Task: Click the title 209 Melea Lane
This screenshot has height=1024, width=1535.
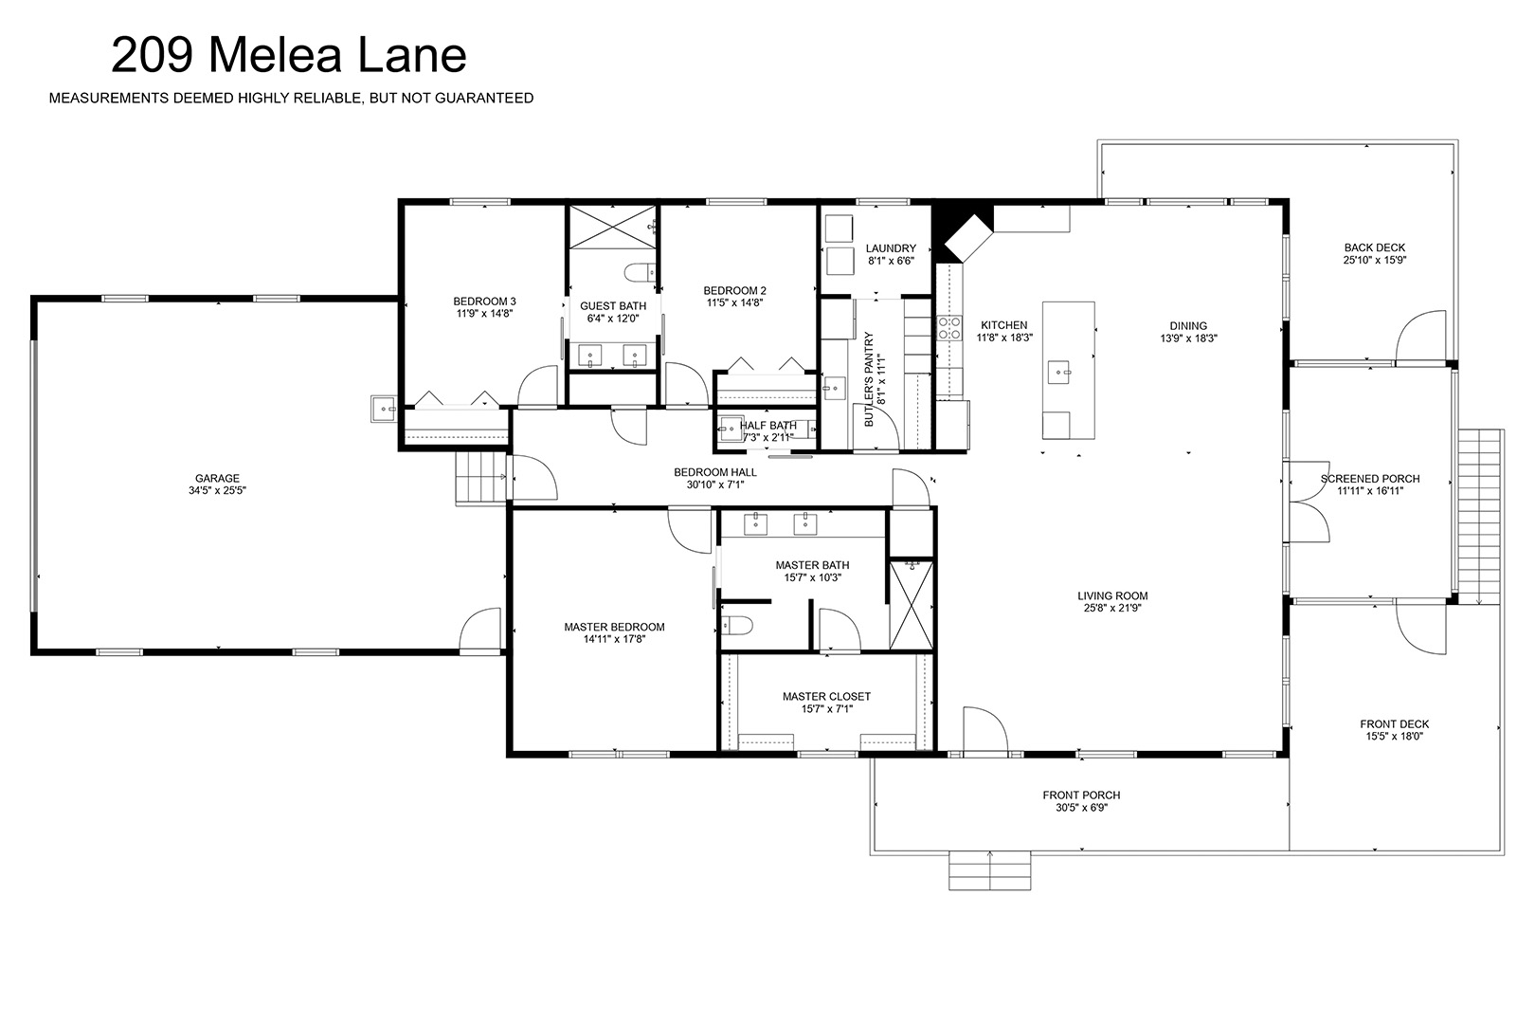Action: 288,55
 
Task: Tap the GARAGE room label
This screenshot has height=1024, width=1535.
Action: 217,478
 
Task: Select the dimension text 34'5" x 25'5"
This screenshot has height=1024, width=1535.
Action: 217,490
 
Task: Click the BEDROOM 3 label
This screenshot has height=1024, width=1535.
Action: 484,302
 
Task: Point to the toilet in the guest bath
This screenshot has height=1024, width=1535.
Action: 640,273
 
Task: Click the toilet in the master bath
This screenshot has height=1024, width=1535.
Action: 736,626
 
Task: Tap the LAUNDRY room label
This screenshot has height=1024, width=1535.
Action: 891,248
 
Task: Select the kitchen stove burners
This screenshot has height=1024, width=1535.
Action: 949,328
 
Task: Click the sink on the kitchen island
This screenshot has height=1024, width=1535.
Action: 1058,373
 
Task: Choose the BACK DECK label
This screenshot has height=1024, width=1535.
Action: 1375,247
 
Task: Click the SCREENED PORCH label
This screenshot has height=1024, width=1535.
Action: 1370,479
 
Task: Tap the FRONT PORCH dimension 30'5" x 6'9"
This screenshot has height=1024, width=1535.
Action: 1081,807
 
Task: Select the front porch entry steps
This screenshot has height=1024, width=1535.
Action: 989,870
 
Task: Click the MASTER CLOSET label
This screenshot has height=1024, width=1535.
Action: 826,696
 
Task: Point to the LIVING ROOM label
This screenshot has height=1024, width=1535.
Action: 1112,596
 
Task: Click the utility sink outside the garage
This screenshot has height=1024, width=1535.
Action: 384,409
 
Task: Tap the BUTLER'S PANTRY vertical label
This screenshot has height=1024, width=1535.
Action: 869,379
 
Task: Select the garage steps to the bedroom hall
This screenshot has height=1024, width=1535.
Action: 481,478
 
